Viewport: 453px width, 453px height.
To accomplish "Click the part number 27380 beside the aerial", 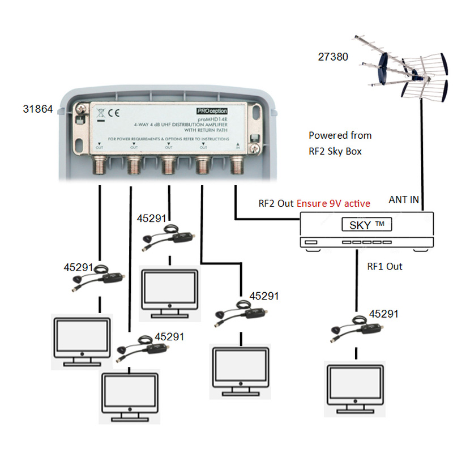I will click(333, 57).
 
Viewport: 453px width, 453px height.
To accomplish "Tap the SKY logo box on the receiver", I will click(367, 225).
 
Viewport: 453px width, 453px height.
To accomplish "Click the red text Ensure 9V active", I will click(334, 203).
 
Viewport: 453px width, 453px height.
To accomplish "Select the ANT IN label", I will click(404, 199).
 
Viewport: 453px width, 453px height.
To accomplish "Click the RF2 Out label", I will click(276, 203).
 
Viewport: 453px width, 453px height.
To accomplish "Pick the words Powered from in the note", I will click(340, 135).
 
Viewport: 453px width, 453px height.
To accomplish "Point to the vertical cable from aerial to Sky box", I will click(421, 153).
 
